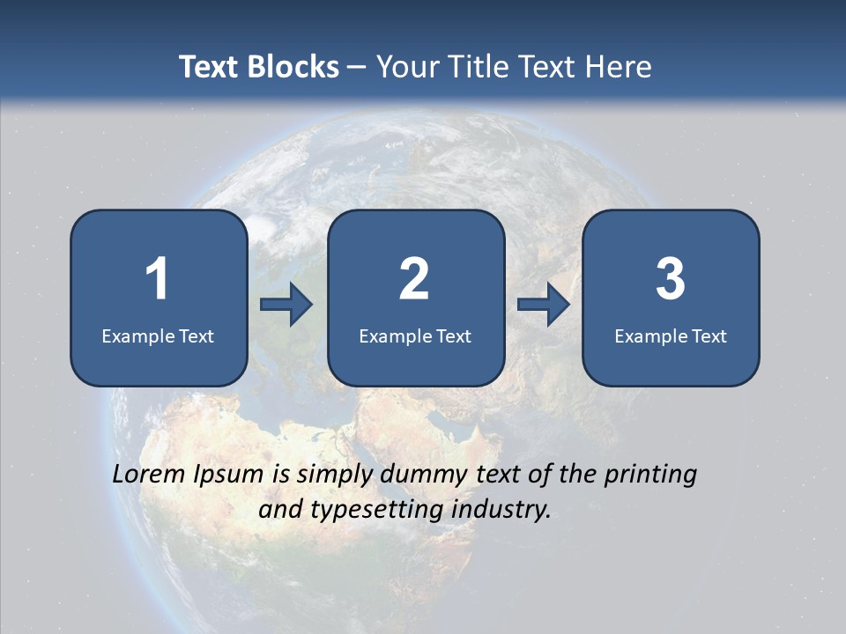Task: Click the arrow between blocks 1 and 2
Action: click(x=286, y=305)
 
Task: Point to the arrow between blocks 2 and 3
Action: click(x=544, y=305)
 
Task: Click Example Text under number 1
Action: click(x=158, y=335)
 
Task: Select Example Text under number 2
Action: click(x=415, y=335)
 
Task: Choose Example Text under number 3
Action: click(x=671, y=335)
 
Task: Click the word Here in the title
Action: click(x=618, y=67)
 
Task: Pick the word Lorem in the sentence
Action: click(x=149, y=474)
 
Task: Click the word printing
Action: click(x=650, y=475)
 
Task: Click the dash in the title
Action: click(x=357, y=68)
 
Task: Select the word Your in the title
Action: click(x=405, y=67)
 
